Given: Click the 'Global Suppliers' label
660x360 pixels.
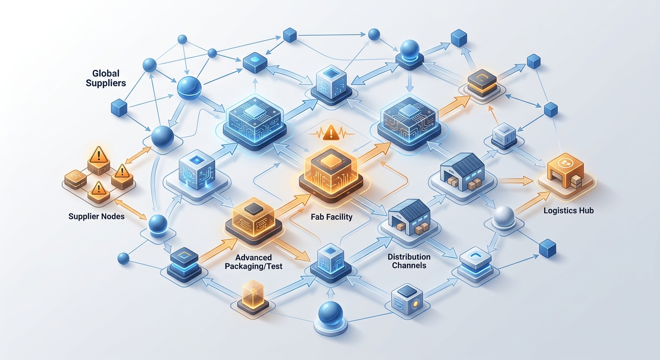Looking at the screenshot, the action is (x=106, y=78).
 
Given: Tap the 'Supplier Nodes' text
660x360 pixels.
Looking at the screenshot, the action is (x=97, y=217).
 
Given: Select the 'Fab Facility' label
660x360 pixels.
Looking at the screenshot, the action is (x=331, y=217).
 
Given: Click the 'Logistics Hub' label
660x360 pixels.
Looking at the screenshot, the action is (x=569, y=210).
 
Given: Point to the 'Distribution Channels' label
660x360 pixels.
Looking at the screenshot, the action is (x=409, y=261).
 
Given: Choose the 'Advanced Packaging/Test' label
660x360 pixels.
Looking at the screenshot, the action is (x=254, y=262).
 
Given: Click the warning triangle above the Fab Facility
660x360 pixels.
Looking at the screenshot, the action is (x=331, y=133).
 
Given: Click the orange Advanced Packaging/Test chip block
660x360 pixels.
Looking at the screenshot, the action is (x=254, y=220).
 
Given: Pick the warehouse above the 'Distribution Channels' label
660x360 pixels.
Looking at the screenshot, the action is (x=409, y=217).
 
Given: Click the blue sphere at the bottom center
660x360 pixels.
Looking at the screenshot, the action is (x=330, y=314).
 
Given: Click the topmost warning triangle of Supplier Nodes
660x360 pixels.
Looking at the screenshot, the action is (x=98, y=155).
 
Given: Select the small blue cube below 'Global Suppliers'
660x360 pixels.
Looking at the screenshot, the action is (x=119, y=108).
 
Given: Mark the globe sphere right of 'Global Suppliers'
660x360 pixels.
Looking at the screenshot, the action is (x=189, y=88).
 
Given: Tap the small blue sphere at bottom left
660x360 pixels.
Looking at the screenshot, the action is (x=123, y=258).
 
